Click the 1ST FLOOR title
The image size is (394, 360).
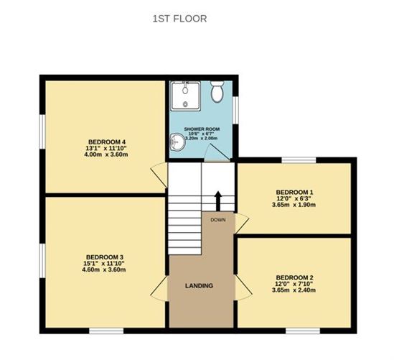pos(179,19)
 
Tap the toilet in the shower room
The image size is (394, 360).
pos(217,91)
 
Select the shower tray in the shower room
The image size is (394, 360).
pos(186,96)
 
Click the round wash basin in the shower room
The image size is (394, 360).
pos(178,142)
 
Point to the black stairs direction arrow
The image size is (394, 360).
pos(218,201)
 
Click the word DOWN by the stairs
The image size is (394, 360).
pos(218,220)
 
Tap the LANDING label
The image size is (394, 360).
pos(199,286)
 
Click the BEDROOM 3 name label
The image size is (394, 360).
pos(105,257)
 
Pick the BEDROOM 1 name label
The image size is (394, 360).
pos(294,192)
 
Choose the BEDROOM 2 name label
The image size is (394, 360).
pos(294,278)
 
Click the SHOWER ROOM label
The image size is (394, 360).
pos(202,129)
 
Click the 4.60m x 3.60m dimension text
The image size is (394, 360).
pos(104,270)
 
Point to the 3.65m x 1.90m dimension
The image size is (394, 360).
pos(294,205)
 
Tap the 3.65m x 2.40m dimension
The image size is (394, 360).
pos(294,290)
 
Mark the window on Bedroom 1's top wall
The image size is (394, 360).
pos(299,160)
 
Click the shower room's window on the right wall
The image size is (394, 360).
pos(235,110)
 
